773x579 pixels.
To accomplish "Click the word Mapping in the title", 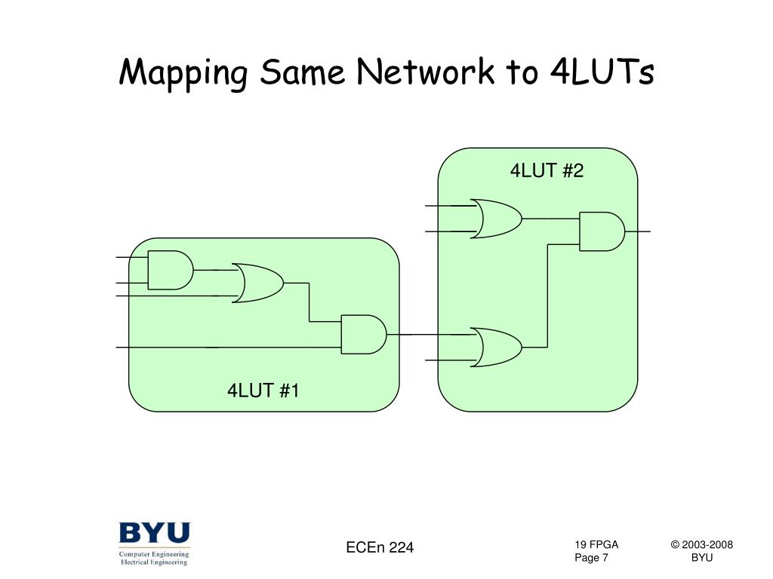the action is click(x=183, y=74).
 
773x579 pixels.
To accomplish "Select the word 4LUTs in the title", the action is click(x=602, y=72).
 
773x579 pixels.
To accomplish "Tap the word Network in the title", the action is click(x=425, y=72).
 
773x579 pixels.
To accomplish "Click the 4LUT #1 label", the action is click(x=263, y=391).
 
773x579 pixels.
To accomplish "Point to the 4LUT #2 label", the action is click(x=547, y=171).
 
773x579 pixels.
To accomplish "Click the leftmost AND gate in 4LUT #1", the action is click(x=171, y=270).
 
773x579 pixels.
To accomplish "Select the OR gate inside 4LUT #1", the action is click(x=258, y=283).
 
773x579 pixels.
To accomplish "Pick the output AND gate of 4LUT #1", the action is click(x=364, y=334).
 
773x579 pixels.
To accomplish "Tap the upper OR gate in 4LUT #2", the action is click(x=496, y=219).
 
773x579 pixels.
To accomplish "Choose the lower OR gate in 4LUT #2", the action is click(x=496, y=347).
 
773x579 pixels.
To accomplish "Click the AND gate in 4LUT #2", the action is click(x=602, y=231).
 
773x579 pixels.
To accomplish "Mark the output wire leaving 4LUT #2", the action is click(x=637, y=231).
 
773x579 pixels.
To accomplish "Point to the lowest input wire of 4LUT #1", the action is click(x=229, y=348).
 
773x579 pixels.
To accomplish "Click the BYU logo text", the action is click(x=154, y=533).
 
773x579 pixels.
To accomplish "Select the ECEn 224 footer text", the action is click(x=380, y=547).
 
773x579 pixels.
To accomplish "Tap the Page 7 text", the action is click(x=591, y=558).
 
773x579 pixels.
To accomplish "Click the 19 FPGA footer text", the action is click(x=596, y=544).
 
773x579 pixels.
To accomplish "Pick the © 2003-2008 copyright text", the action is click(x=701, y=544).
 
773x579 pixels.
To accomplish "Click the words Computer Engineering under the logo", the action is click(x=154, y=554).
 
